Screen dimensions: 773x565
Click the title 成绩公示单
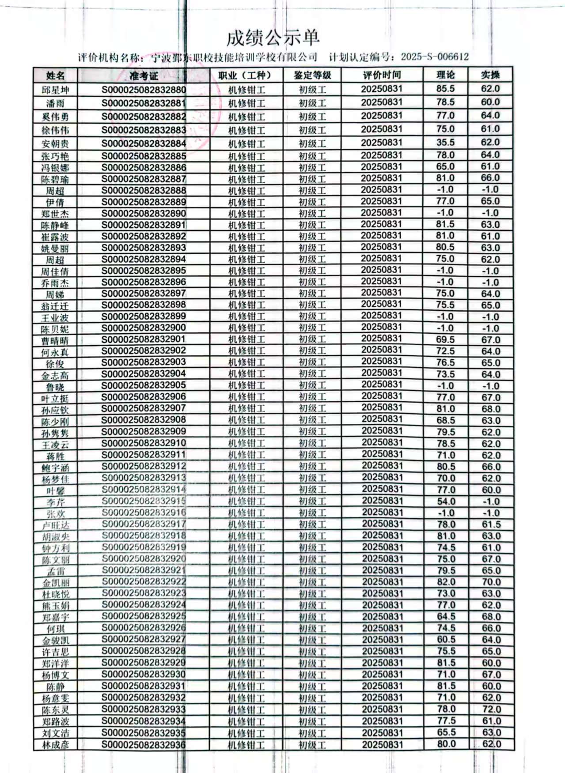(273, 38)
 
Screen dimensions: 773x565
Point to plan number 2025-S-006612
(435, 57)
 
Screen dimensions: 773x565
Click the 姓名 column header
(55, 75)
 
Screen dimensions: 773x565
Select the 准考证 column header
(144, 75)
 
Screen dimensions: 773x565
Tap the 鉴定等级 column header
(312, 75)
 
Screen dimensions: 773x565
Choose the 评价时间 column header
(382, 75)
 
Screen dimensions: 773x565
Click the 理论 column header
(445, 75)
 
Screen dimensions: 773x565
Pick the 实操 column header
(490, 75)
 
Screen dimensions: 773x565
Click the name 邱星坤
(55, 90)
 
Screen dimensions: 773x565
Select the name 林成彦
(55, 745)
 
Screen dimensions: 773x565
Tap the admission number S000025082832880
(144, 90)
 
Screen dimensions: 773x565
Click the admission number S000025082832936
(144, 744)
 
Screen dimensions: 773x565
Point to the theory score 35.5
(445, 143)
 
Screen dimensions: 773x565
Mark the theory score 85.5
(445, 89)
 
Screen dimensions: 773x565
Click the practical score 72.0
(491, 709)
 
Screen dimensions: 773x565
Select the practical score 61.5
(491, 524)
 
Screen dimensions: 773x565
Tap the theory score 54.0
(446, 502)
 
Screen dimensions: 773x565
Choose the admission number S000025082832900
(144, 328)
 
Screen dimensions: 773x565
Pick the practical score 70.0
(491, 582)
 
